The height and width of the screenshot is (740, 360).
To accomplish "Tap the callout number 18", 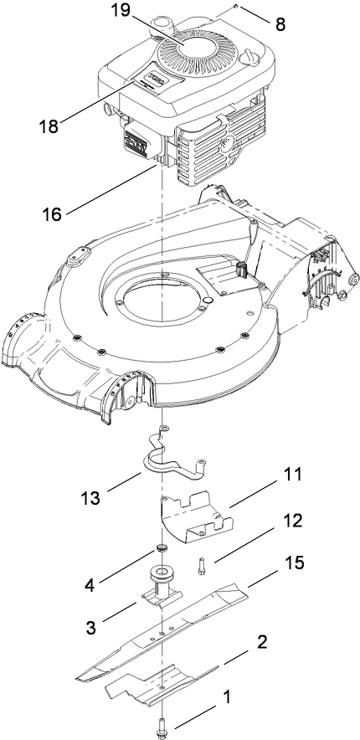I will tap(49, 126).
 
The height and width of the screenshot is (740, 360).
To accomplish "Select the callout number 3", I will tap(96, 626).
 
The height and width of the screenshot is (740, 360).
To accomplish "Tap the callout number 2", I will tap(261, 642).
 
